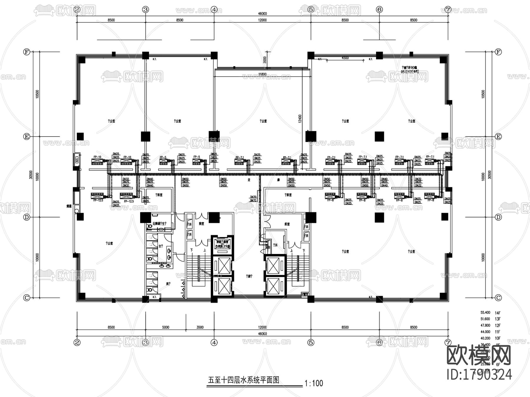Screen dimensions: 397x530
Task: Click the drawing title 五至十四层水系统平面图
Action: [x=244, y=380]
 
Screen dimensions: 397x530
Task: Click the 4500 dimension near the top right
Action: [x=345, y=58]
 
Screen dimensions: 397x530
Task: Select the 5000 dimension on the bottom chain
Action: [x=166, y=327]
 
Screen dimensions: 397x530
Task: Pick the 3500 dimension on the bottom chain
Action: [x=200, y=327]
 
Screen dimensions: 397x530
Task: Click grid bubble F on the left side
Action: [x=27, y=52]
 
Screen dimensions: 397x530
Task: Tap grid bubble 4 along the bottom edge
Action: [x=214, y=343]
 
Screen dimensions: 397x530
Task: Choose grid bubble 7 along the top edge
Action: [x=448, y=9]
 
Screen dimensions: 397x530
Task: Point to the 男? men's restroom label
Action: [x=168, y=284]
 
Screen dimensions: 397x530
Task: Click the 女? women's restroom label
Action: [x=161, y=246]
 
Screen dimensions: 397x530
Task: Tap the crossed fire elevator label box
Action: [x=222, y=244]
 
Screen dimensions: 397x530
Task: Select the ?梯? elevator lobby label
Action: [x=249, y=276]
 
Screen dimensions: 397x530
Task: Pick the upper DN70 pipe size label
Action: [x=253, y=197]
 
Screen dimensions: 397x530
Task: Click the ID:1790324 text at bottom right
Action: [x=479, y=375]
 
